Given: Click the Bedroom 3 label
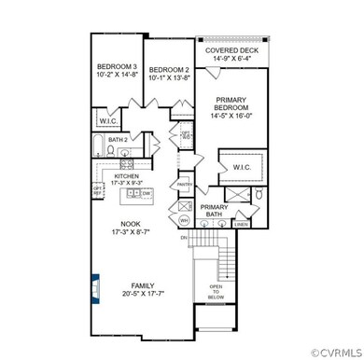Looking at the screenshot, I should pyautogui.click(x=118, y=68).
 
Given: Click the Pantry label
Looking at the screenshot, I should pyautogui.click(x=184, y=185).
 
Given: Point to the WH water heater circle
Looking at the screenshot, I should pyautogui.click(x=185, y=220).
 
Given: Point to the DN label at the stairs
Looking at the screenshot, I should pyautogui.click(x=184, y=240).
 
